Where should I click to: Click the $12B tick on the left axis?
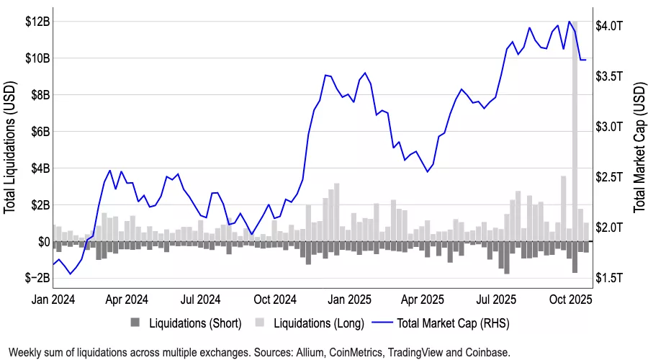36,22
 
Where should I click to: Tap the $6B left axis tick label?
38,132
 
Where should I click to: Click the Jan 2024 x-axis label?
53,298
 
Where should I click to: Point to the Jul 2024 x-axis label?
199,298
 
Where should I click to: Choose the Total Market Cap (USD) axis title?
639,148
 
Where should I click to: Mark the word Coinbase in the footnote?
487,353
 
